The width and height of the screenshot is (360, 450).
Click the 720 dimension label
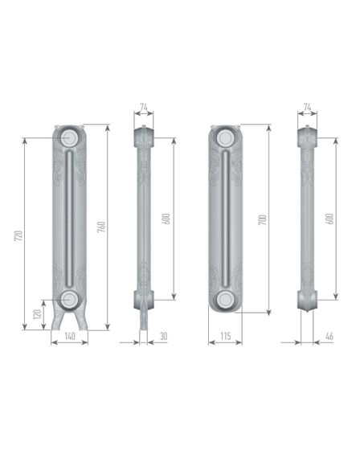tap(18, 235)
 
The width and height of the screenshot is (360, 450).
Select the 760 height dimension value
tap(101, 227)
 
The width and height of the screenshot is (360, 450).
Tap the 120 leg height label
tap(37, 314)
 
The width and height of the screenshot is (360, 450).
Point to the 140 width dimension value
tap(70, 336)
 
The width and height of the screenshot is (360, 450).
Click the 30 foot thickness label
tap(163, 337)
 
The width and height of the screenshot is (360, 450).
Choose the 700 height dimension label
tap(263, 219)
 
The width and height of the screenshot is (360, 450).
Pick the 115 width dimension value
tap(226, 336)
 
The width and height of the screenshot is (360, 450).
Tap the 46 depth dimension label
tap(329, 337)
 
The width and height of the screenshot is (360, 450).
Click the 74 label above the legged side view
tap(144, 107)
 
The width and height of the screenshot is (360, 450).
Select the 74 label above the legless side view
tap(307, 107)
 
